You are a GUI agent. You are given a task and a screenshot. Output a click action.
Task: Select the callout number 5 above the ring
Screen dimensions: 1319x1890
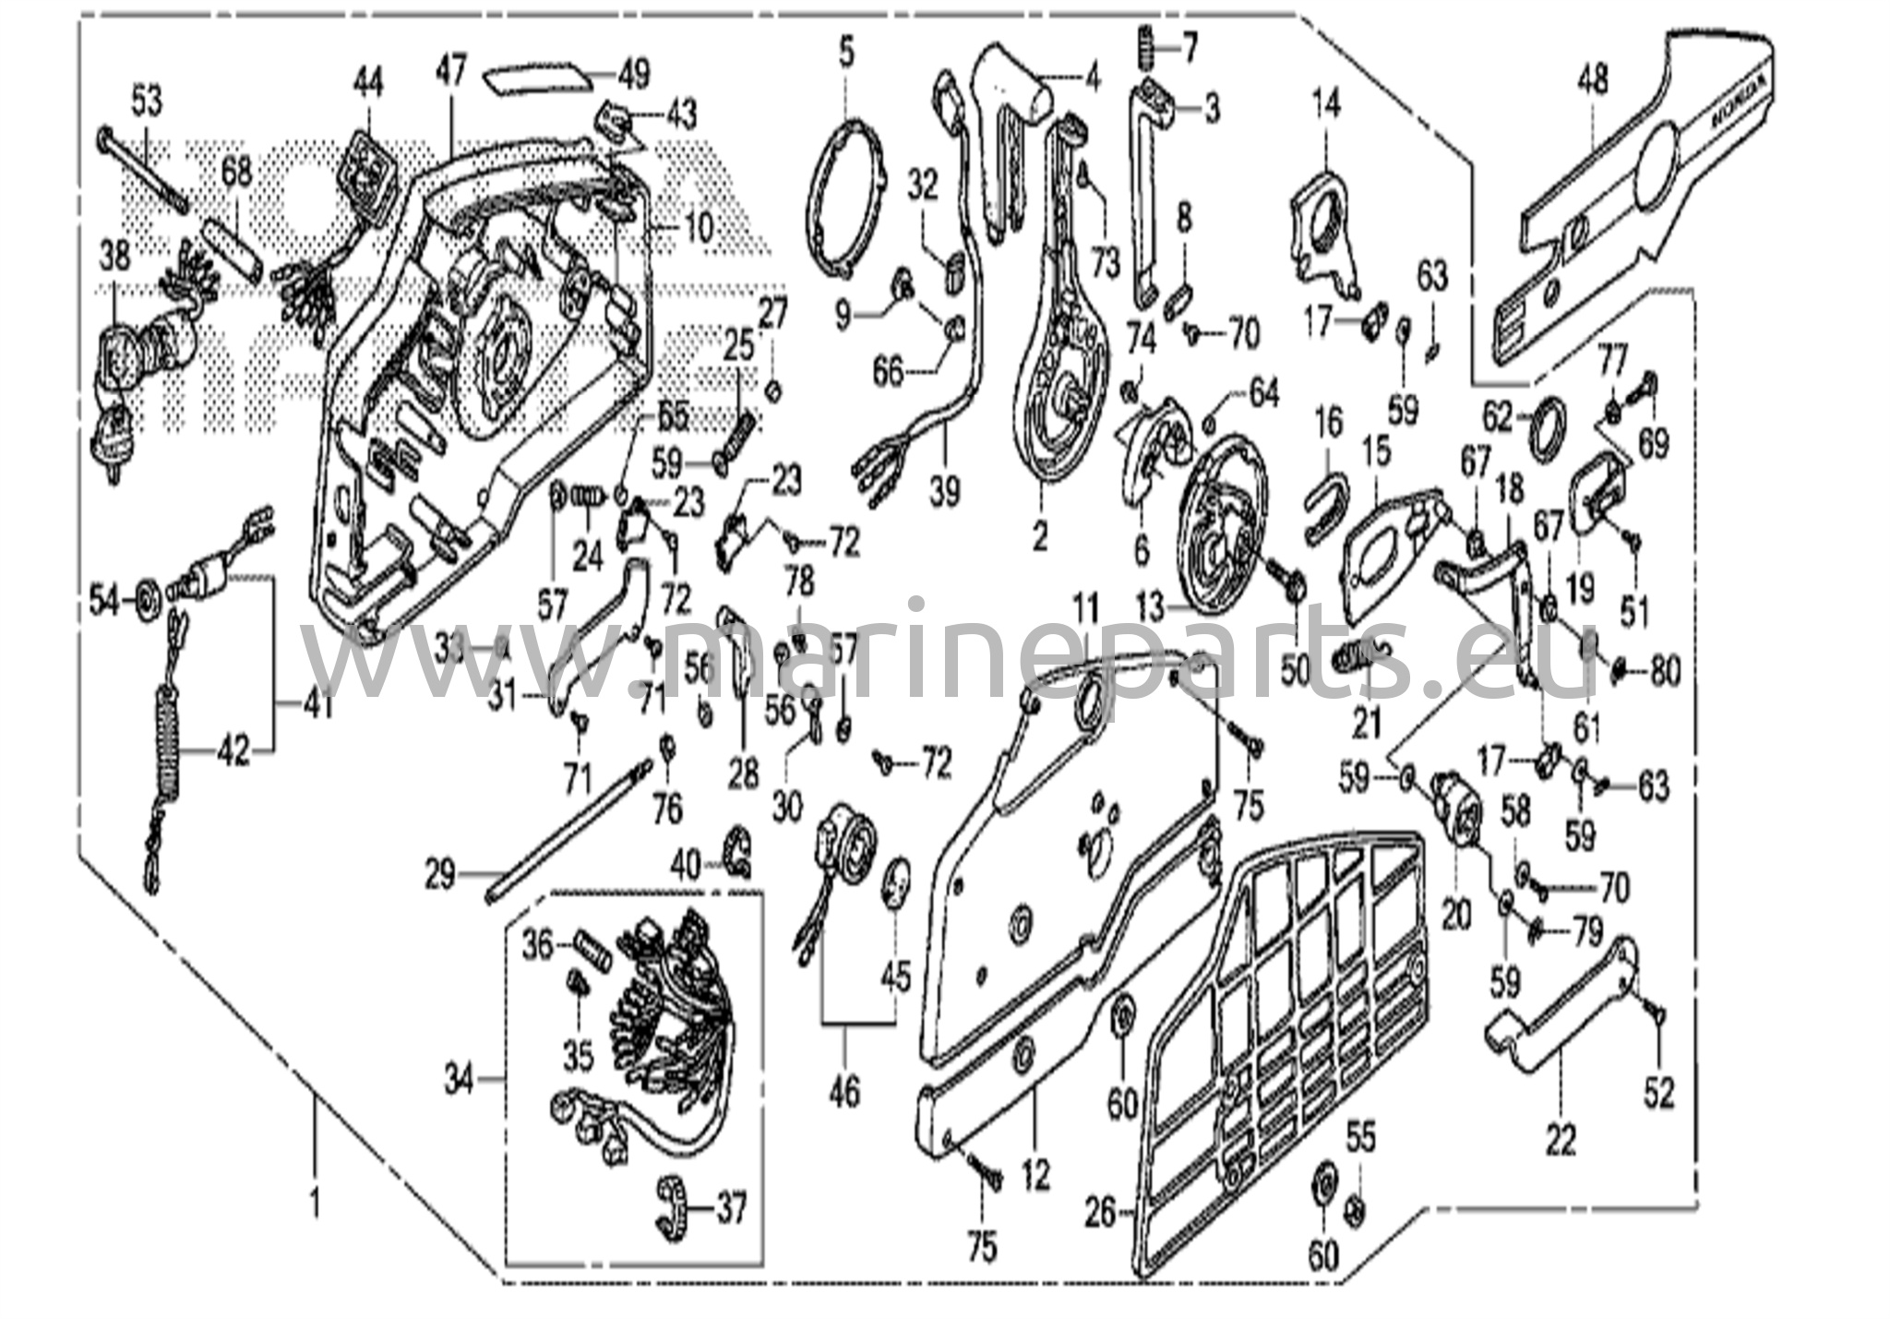pos(846,53)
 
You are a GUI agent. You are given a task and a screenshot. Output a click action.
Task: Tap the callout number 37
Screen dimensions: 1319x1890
pos(731,1208)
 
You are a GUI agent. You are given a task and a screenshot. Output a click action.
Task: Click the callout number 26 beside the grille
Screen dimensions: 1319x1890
pos(1101,1213)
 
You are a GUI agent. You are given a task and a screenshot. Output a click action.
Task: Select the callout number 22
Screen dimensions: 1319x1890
pos(1561,1142)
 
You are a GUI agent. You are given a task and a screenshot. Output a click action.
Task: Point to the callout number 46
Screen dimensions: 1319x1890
pos(844,1094)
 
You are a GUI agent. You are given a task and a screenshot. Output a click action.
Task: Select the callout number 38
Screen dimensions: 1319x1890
pos(114,258)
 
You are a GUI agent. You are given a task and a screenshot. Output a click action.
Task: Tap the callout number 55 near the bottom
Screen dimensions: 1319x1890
pos(1360,1140)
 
